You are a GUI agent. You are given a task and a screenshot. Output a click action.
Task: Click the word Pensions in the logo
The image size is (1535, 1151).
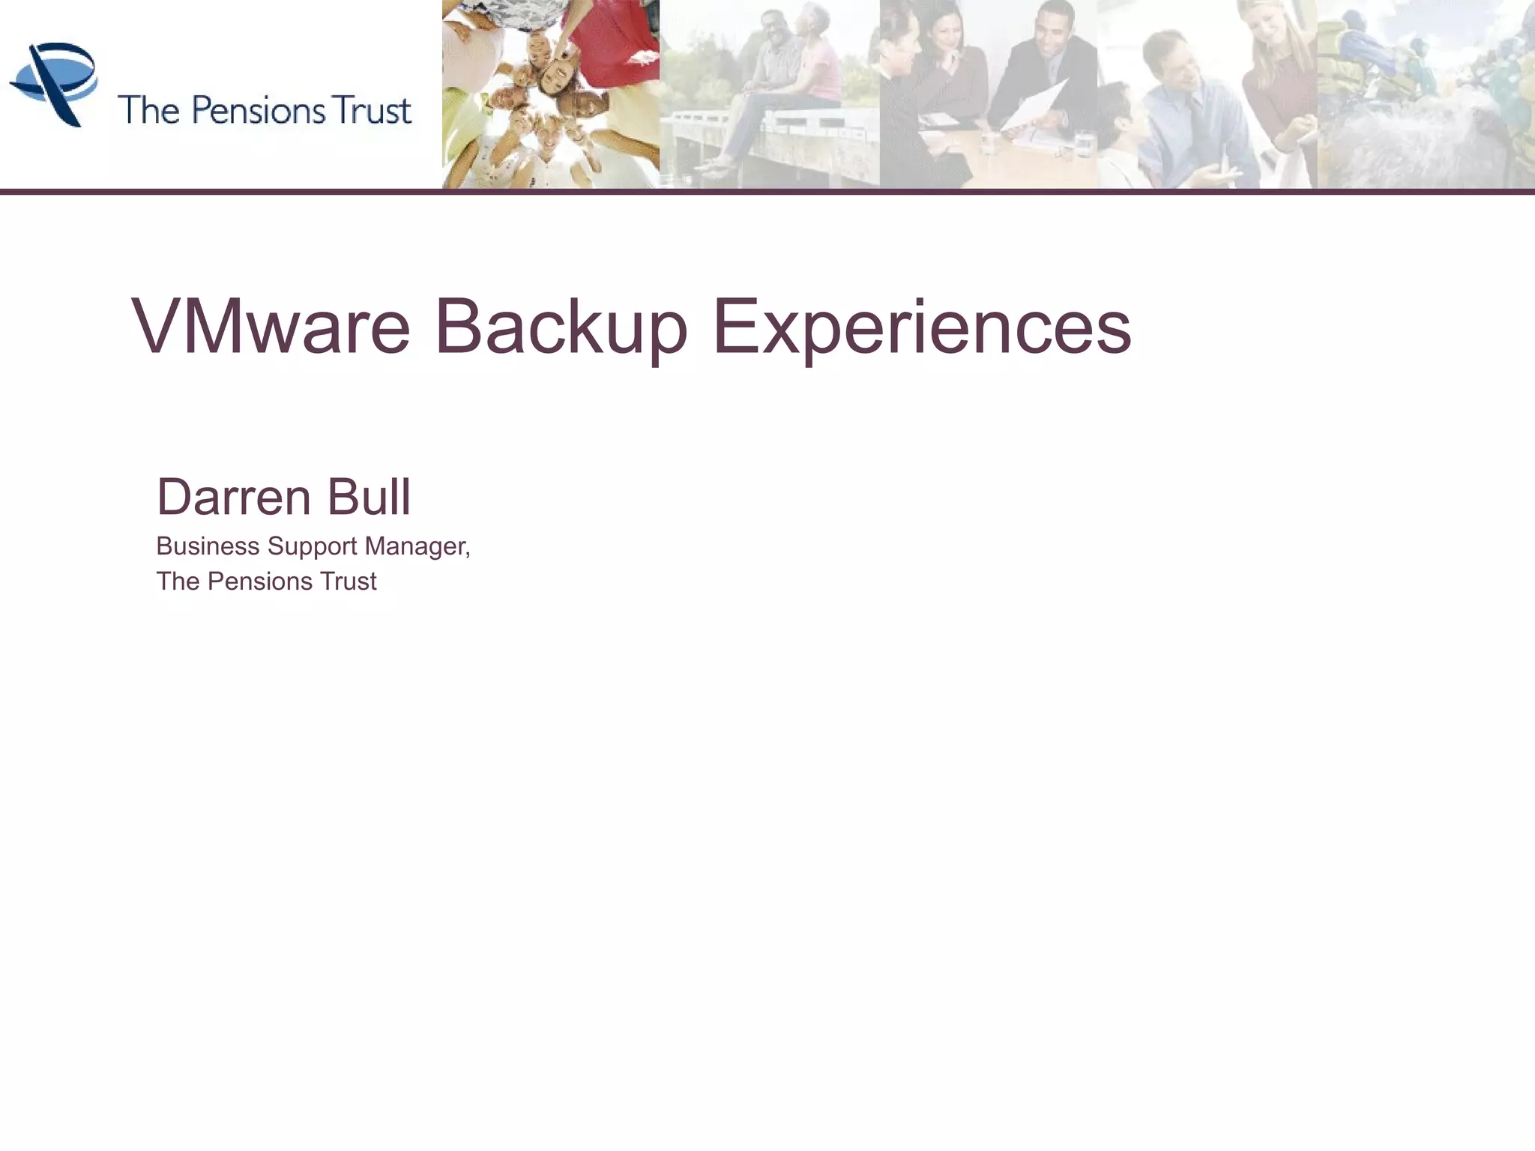[259, 110]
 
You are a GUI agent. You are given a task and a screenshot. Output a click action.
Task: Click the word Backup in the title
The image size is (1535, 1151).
[561, 327]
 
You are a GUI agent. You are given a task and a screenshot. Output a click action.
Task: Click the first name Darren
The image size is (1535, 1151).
[234, 497]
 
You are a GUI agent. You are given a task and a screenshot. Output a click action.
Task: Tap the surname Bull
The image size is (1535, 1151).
[369, 497]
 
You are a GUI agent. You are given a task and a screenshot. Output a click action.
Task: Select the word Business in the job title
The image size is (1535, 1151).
[208, 546]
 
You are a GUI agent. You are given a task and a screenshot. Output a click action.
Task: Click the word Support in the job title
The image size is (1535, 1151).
[312, 546]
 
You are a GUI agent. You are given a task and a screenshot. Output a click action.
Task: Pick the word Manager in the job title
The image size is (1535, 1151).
[417, 546]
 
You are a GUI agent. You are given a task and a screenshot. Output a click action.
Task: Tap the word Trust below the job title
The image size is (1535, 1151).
[349, 581]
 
